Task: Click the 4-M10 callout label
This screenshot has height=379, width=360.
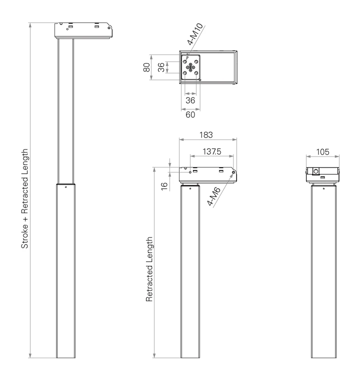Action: (195, 34)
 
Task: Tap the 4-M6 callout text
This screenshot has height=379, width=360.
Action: (213, 196)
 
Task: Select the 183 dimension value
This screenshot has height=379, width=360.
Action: (206, 135)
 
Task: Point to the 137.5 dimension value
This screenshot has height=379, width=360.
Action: (212, 151)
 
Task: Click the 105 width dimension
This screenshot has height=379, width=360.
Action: (323, 152)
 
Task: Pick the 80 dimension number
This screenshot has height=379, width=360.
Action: (146, 67)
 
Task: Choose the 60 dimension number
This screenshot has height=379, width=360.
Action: (190, 114)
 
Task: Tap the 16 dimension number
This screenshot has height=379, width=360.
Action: (164, 186)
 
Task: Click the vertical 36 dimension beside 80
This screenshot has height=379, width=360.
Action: (161, 67)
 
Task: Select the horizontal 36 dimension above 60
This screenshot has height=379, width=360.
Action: (190, 100)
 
